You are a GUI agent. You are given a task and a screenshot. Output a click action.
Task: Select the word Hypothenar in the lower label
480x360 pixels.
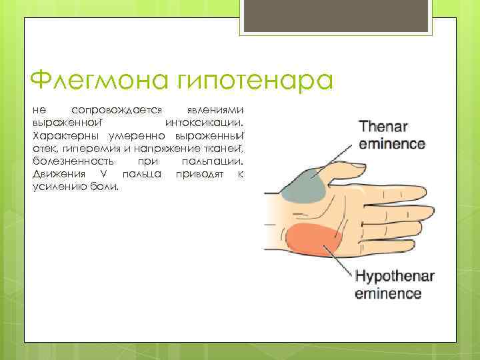pyautogui.click(x=395, y=277)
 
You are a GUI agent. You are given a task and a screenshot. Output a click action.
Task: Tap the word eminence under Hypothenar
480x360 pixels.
pyautogui.click(x=388, y=293)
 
